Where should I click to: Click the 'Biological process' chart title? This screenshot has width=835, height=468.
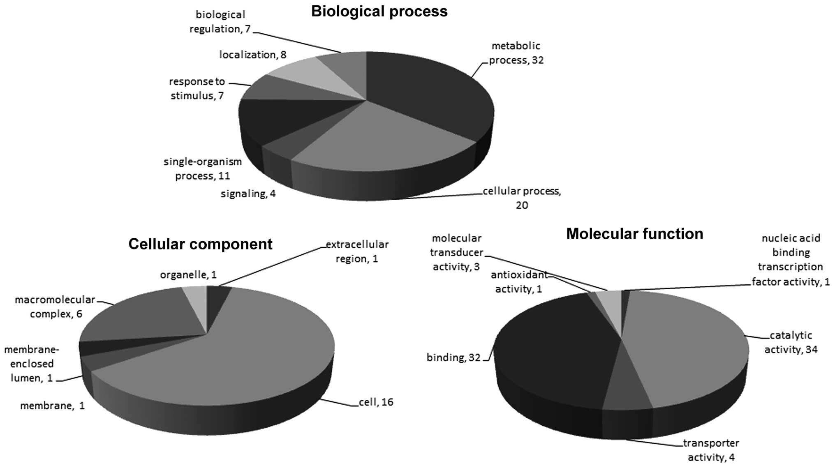click(x=379, y=12)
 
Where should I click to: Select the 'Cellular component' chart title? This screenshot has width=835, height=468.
click(x=200, y=244)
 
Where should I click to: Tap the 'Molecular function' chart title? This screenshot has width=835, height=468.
click(x=634, y=234)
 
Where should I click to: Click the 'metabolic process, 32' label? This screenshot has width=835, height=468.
click(x=516, y=53)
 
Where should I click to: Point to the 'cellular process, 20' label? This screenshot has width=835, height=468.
click(x=522, y=198)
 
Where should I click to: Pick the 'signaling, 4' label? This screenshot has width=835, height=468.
click(x=248, y=194)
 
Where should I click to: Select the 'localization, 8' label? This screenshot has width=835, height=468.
click(x=252, y=55)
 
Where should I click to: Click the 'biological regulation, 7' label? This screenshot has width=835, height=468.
click(x=220, y=22)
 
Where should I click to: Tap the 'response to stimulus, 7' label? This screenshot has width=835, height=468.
click(x=197, y=88)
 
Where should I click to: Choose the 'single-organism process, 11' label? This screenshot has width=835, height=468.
click(x=203, y=169)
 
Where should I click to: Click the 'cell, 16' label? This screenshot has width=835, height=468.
click(x=376, y=402)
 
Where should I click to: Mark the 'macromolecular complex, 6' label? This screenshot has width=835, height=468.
click(x=55, y=307)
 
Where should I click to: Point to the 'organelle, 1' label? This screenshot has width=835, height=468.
click(x=188, y=275)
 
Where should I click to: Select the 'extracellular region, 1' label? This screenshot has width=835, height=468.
click(x=357, y=251)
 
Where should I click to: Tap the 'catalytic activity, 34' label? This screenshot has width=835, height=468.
click(x=791, y=343)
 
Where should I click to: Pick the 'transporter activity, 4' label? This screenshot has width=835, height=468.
click(x=711, y=450)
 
